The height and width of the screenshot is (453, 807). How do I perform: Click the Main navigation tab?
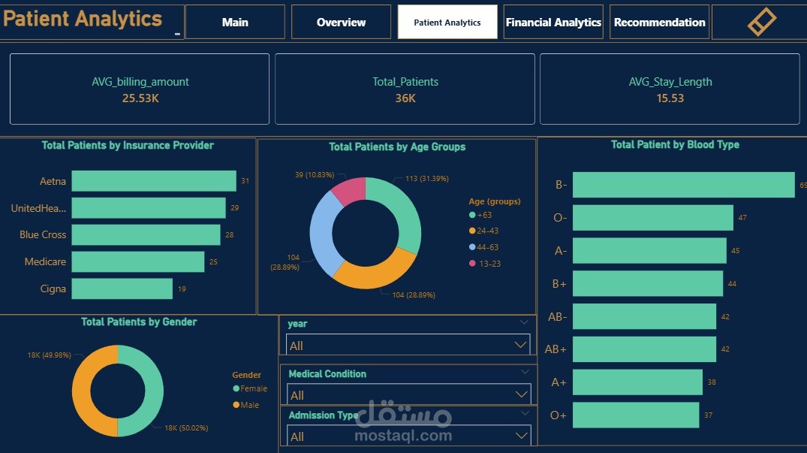point(235,23)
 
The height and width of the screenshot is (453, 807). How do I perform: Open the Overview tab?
point(341,23)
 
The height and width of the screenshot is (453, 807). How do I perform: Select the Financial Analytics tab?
point(553,23)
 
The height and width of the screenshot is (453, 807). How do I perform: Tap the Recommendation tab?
point(659,23)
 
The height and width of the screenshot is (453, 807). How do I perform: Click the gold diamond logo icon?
point(761,22)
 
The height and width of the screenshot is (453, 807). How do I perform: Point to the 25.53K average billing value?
point(140,98)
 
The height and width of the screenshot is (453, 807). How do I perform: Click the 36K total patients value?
point(405,98)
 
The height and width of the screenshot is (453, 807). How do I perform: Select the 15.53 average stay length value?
point(670,98)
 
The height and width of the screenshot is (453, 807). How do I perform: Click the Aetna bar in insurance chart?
point(154,181)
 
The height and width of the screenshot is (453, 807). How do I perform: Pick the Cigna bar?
point(122,288)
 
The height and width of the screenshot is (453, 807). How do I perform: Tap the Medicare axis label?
point(45,261)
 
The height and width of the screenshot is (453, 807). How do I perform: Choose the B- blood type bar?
point(683,185)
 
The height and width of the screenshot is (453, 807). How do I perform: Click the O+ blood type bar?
point(635,415)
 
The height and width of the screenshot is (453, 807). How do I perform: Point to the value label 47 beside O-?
point(742,217)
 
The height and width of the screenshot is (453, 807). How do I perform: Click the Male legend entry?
point(250,405)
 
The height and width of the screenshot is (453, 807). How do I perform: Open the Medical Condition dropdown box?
point(408,394)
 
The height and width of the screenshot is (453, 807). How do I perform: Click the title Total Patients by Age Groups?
point(397,146)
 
